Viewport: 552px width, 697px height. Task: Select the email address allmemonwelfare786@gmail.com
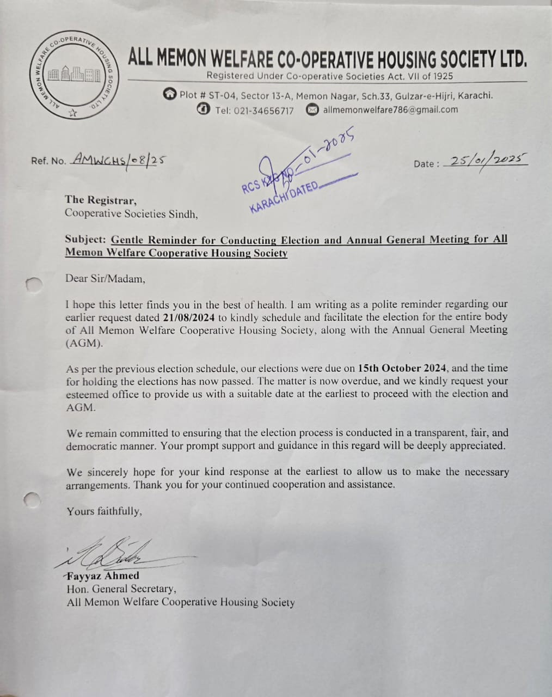[390, 109]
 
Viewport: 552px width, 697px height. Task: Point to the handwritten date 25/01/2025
[486, 161]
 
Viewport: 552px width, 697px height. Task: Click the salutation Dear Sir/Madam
[105, 279]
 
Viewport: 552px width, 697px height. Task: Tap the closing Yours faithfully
[105, 511]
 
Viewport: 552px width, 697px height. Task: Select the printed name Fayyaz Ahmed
[103, 576]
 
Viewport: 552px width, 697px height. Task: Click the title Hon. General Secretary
[121, 589]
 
